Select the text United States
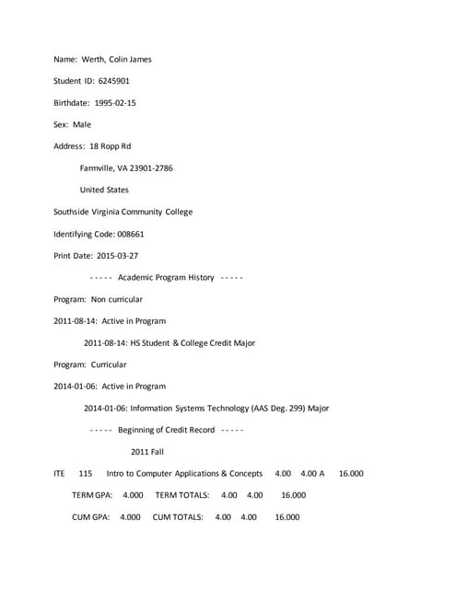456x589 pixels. point(104,190)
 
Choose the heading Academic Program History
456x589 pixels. point(166,277)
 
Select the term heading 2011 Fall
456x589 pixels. point(146,452)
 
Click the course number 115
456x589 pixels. point(86,474)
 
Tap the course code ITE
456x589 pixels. point(59,474)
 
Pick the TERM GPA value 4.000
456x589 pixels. point(133,495)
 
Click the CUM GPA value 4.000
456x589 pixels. point(130,517)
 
